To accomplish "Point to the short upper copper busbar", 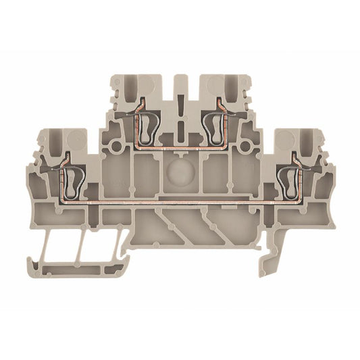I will [180, 144].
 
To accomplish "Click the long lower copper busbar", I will [180, 201].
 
